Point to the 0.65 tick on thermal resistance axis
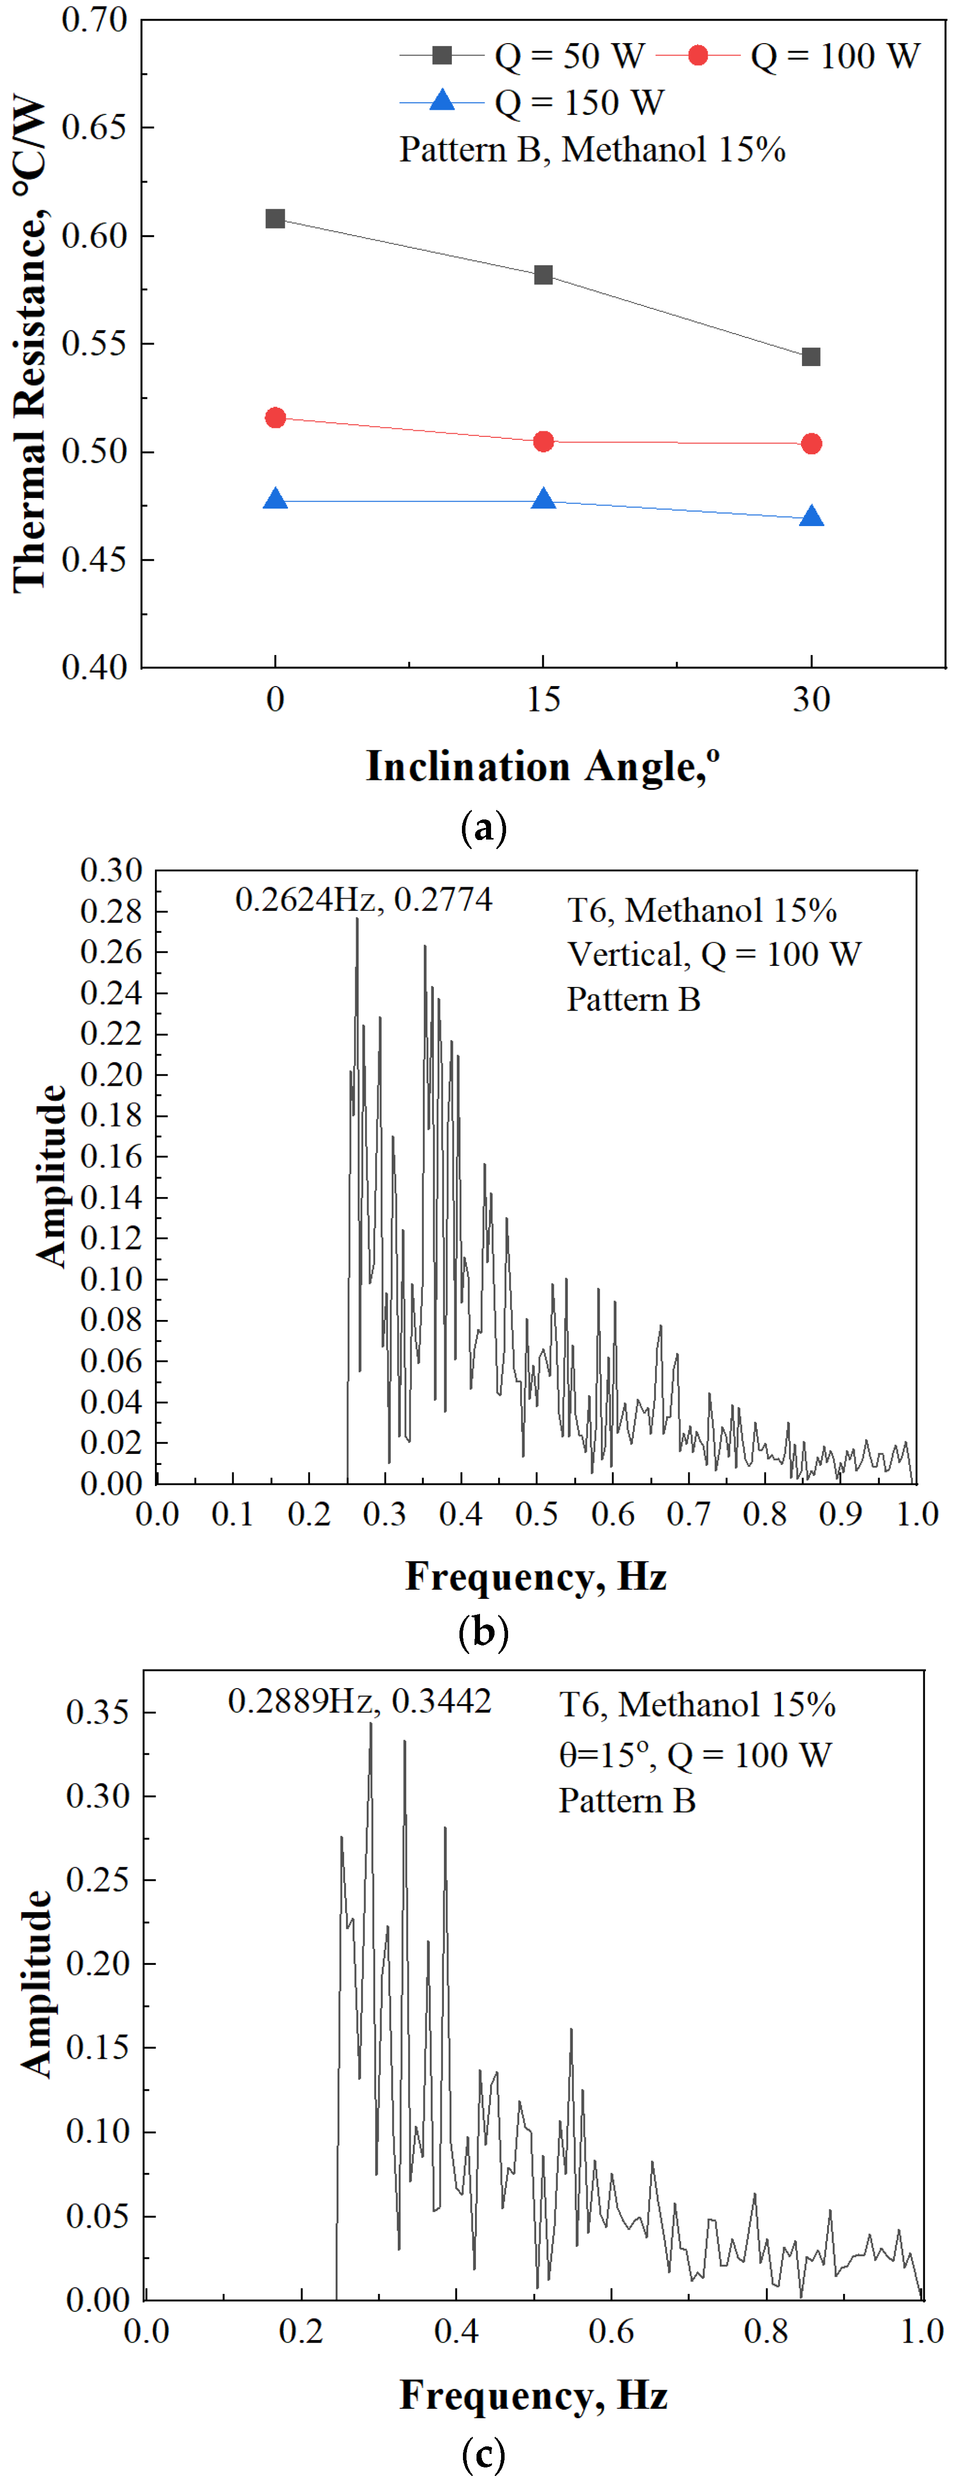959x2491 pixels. [x=95, y=128]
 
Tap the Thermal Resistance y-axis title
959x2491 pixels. [x=29, y=344]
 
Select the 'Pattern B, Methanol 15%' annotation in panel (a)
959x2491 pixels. [x=592, y=150]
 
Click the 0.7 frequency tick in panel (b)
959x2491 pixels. [x=688, y=1515]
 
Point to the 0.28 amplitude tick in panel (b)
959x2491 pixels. [x=111, y=911]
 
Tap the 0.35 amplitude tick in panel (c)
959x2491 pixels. [x=97, y=1713]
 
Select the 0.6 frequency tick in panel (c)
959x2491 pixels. [x=611, y=2332]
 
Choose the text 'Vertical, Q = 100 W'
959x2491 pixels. [x=713, y=954]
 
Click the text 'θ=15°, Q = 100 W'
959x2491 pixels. [x=694, y=1755]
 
